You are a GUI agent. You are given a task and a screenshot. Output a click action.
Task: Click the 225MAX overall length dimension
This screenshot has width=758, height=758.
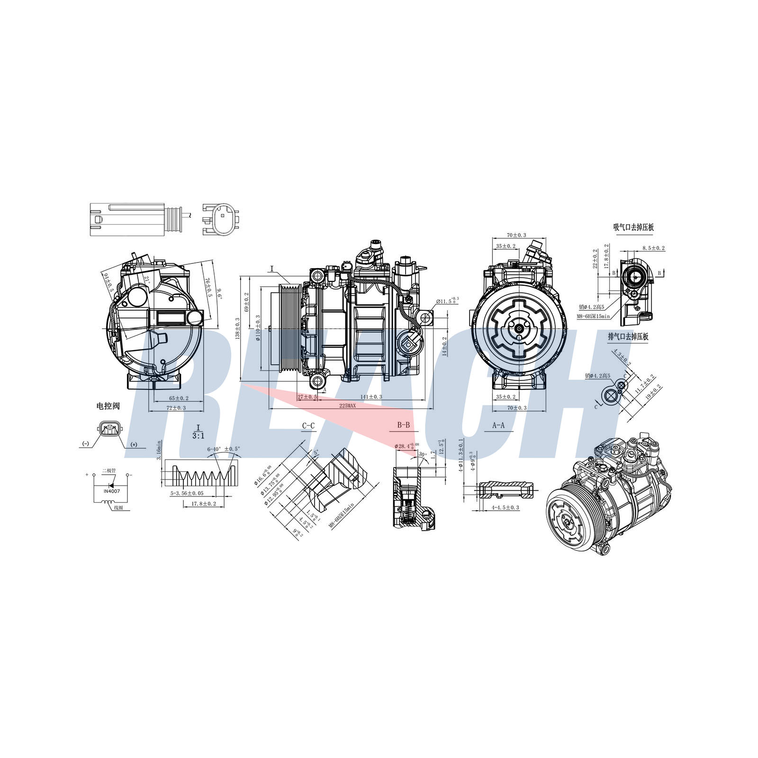click(x=347, y=406)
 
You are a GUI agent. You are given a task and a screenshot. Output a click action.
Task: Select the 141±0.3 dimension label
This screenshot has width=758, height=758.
click(x=371, y=397)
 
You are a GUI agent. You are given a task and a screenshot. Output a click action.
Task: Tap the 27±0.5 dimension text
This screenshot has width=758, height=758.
click(x=307, y=397)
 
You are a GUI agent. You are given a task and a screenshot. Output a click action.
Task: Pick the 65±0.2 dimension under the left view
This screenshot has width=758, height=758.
click(x=175, y=398)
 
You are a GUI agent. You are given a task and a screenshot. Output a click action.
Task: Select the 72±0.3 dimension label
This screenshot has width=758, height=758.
click(x=175, y=408)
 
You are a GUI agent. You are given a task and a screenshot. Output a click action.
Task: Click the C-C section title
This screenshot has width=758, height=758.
click(x=308, y=426)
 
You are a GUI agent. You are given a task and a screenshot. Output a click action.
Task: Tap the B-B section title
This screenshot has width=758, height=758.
click(x=403, y=425)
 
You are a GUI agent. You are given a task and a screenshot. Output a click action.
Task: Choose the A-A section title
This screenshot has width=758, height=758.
click(x=498, y=425)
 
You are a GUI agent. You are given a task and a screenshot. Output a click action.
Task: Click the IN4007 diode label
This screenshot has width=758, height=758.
click(x=112, y=491)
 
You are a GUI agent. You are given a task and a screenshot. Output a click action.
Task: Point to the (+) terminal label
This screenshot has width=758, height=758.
click(x=134, y=444)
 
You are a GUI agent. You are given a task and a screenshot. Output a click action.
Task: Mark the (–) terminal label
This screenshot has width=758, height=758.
click(x=85, y=443)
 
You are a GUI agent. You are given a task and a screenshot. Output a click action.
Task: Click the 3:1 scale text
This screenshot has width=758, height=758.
click(x=199, y=435)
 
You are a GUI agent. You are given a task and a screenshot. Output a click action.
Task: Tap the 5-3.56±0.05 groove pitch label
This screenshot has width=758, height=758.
click(x=187, y=493)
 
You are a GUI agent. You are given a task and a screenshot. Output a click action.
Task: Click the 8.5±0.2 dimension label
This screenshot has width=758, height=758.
click(x=653, y=248)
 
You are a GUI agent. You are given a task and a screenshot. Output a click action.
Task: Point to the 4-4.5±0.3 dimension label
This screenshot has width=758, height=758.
click(x=505, y=507)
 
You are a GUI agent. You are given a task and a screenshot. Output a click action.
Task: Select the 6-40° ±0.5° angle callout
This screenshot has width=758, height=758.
click(x=224, y=449)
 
